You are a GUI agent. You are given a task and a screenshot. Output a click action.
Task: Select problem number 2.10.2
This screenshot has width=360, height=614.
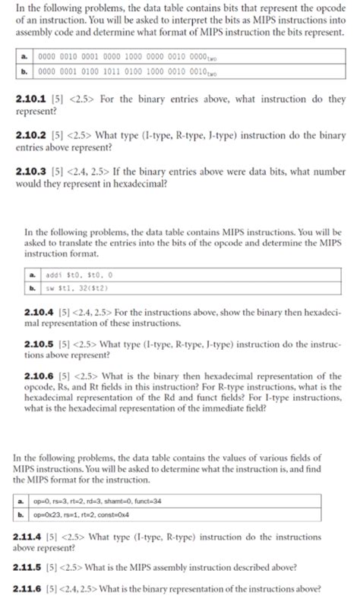30,134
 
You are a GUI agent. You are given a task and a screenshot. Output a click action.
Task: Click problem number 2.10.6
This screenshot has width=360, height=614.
39,376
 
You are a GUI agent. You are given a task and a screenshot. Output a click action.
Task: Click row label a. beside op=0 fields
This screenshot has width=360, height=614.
21,502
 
